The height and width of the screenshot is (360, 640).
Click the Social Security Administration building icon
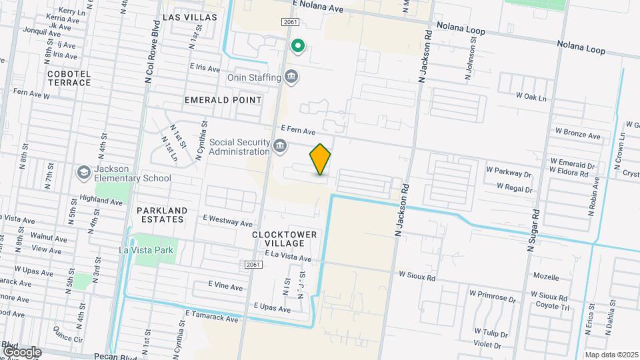tap(280, 145)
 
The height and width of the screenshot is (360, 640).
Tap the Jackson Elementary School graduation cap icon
tap(84, 173)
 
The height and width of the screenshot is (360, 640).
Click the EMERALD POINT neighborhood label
tap(223, 100)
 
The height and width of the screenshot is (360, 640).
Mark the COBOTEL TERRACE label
tap(69, 78)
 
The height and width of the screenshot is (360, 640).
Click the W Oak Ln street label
tap(531, 97)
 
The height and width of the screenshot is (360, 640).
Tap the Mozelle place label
tap(546, 276)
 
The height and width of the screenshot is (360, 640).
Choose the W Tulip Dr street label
tap(491, 331)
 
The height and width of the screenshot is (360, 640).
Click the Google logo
tap(21, 351)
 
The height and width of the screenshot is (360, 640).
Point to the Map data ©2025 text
tap(611, 355)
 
